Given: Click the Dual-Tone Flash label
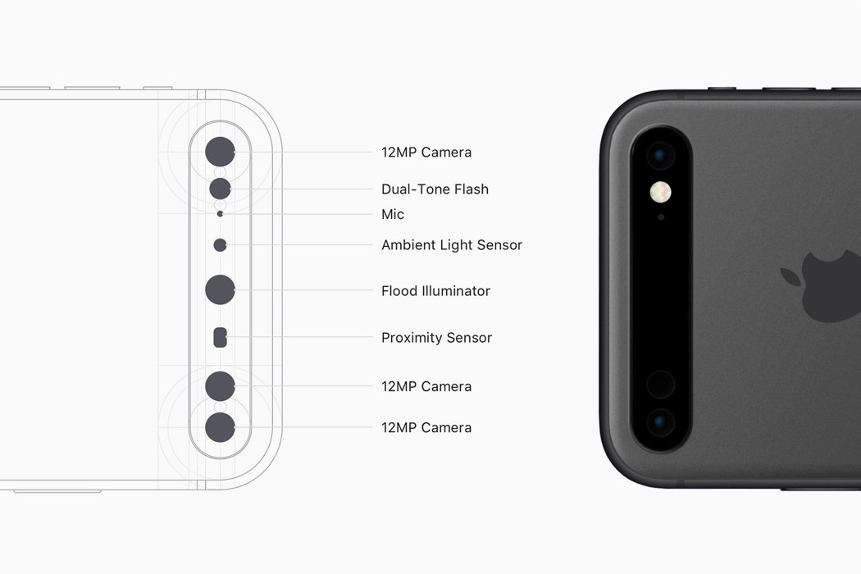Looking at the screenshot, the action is (x=435, y=189).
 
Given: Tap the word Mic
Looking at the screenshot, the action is (x=393, y=214).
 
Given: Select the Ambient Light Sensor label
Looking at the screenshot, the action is (x=452, y=245).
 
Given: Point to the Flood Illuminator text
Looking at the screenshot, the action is (x=436, y=290).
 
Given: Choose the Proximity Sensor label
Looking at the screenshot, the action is (x=436, y=337).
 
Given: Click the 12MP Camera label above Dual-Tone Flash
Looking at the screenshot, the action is (x=426, y=153).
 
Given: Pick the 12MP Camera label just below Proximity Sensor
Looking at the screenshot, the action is (x=426, y=387).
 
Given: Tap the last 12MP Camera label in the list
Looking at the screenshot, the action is (x=426, y=427).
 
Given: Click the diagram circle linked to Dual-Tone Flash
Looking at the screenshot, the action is (x=221, y=189).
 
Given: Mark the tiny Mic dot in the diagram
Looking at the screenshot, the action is (x=221, y=214).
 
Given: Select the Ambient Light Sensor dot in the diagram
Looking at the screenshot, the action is (x=221, y=245).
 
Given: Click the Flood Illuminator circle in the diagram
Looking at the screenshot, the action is (x=221, y=289).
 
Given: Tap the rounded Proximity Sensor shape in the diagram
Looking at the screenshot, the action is (x=221, y=337).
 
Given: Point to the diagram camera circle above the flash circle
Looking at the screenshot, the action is (x=221, y=152).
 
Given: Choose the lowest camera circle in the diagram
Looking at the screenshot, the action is (x=221, y=427).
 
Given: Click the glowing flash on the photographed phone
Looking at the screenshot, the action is (x=660, y=192).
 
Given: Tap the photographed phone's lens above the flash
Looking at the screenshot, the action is (x=661, y=156).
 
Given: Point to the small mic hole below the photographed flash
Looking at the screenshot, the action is (x=661, y=217).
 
